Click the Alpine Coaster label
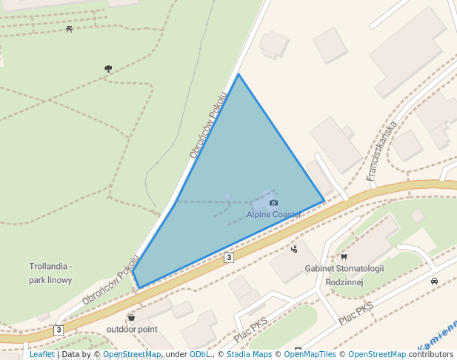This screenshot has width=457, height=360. [273, 215]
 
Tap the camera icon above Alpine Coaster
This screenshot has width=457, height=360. [273, 203]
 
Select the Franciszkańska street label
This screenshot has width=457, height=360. [382, 151]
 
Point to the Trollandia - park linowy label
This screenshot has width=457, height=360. [50, 273]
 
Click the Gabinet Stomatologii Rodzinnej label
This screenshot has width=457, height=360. [344, 274]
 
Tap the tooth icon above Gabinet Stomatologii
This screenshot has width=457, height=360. [344, 256]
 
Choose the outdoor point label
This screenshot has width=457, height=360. [132, 329]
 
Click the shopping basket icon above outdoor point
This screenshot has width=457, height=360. [131, 318]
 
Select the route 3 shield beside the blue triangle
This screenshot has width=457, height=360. [229, 257]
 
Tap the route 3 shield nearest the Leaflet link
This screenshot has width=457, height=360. [59, 329]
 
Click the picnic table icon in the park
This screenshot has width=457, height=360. [69, 30]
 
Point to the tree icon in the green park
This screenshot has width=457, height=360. [108, 69]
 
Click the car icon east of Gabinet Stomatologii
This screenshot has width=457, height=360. [434, 281]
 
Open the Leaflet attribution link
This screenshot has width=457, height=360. [41, 354]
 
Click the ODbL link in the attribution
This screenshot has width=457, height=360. [200, 354]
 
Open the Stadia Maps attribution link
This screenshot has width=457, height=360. [249, 354]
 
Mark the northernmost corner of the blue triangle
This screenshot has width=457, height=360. [238, 74]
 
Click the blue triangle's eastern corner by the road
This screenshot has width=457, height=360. [324, 201]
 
